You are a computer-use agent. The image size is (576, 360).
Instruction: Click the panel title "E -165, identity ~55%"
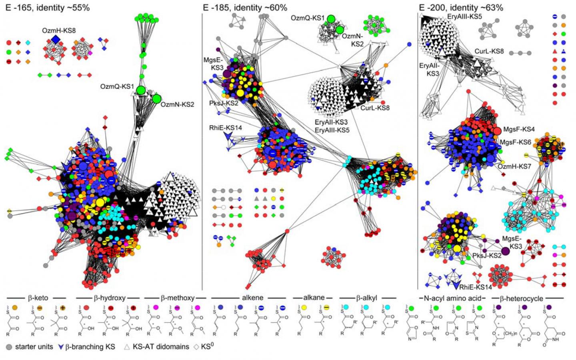[48, 8]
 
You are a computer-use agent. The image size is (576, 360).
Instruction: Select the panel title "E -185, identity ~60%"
[245, 8]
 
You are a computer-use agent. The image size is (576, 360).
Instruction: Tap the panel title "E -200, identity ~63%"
[461, 8]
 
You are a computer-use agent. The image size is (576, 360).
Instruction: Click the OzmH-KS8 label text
[59, 30]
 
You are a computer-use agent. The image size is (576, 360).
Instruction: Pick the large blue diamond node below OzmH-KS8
[56, 39]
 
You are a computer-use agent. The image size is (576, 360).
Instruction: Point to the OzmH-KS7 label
[514, 166]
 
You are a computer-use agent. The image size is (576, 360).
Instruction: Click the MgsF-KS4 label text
[519, 129]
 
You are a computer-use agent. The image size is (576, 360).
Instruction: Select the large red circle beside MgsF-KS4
[497, 131]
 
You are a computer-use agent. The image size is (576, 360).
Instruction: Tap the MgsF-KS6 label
[515, 142]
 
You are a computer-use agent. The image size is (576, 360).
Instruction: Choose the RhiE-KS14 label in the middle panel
[225, 128]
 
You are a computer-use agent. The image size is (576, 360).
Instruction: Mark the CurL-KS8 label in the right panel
[489, 52]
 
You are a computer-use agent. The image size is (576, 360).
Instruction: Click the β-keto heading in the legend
[38, 298]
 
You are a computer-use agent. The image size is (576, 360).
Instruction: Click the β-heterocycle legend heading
[522, 298]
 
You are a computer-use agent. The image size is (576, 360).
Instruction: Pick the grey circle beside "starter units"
[9, 347]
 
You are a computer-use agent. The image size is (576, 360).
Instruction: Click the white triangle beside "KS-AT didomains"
[127, 347]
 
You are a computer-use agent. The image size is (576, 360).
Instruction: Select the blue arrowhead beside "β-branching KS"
[61, 347]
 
